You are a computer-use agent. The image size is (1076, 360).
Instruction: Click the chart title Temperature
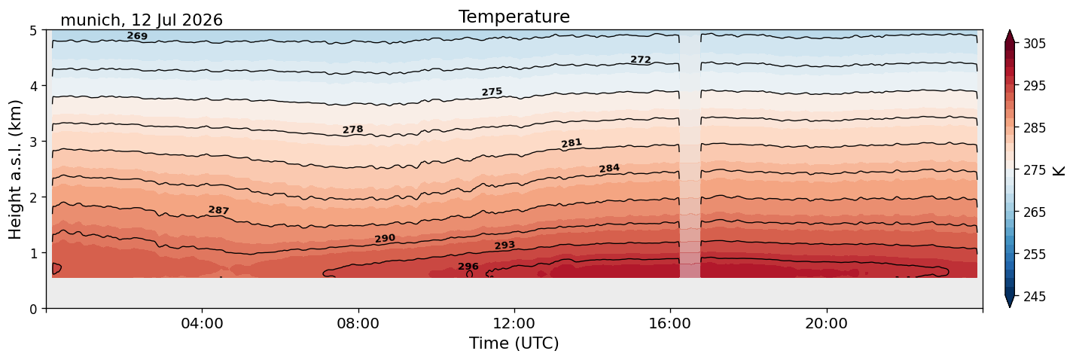click(x=514, y=17)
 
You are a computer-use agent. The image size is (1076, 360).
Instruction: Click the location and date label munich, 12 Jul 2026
click(x=142, y=20)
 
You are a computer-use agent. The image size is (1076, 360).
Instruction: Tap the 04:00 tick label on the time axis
click(x=203, y=323)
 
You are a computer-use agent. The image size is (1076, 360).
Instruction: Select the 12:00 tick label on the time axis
click(x=514, y=323)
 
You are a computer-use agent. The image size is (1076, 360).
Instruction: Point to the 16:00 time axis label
click(x=671, y=323)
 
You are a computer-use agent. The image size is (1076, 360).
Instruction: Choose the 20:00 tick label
click(x=827, y=323)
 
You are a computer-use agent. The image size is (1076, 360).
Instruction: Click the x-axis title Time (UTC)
click(x=514, y=343)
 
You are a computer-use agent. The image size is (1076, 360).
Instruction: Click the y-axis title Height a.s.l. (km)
click(x=15, y=169)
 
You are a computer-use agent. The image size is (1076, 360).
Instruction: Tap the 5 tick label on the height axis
click(x=33, y=31)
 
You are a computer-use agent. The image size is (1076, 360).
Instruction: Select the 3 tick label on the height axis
click(x=33, y=142)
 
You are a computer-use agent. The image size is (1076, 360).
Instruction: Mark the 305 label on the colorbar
click(x=1034, y=44)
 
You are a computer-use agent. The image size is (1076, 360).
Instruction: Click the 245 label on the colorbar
click(x=1034, y=297)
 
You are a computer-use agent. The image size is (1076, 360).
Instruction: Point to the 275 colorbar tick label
click(x=1034, y=170)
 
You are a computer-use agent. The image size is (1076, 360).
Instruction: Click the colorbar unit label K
click(x=1059, y=170)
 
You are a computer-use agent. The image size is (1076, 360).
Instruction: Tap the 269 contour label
click(x=137, y=36)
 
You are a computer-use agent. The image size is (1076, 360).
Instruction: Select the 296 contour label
click(x=468, y=267)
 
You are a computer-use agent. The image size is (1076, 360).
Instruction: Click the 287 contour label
click(x=218, y=210)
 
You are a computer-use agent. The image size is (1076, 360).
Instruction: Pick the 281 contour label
click(x=572, y=143)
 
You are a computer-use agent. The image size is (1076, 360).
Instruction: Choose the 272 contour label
click(x=640, y=59)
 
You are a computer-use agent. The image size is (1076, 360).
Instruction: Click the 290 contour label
click(x=385, y=239)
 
